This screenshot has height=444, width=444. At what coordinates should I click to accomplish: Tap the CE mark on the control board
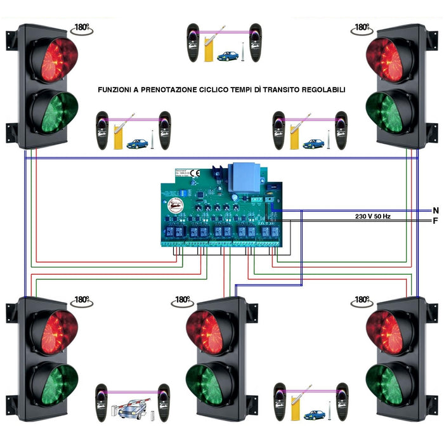tap(195, 173)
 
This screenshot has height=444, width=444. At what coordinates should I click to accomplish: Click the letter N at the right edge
tap(435, 210)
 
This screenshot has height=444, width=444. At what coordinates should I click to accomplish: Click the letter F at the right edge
tap(435, 221)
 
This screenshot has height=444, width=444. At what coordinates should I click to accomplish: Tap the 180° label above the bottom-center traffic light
tap(182, 299)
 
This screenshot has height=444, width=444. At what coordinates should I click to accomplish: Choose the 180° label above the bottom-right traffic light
tap(362, 299)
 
